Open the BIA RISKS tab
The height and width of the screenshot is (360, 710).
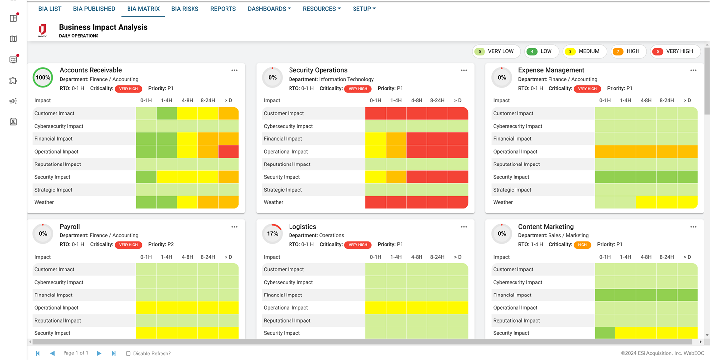pyautogui.click(x=185, y=9)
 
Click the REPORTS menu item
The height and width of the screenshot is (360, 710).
pyautogui.click(x=223, y=9)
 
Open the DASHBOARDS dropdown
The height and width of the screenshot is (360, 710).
pyautogui.click(x=269, y=9)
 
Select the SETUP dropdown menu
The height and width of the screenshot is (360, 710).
pyautogui.click(x=364, y=9)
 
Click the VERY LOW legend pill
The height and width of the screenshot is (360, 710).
pyautogui.click(x=496, y=51)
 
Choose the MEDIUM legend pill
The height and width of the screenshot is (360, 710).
pyautogui.click(x=584, y=51)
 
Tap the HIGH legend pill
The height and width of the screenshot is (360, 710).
pyautogui.click(x=628, y=51)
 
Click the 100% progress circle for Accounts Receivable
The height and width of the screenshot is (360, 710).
pyautogui.click(x=43, y=78)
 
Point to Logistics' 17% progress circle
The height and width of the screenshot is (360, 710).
pyautogui.click(x=272, y=234)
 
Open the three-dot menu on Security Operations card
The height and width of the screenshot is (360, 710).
pyautogui.click(x=464, y=70)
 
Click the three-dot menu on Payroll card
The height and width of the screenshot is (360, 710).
pyautogui.click(x=234, y=227)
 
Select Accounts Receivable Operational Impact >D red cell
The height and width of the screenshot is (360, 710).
pyautogui.click(x=228, y=152)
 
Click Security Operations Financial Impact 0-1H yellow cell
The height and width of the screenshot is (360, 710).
pyautogui.click(x=375, y=139)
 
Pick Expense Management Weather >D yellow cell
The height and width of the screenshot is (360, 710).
pyautogui.click(x=687, y=202)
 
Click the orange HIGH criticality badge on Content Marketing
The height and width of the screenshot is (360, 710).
pyautogui.click(x=582, y=245)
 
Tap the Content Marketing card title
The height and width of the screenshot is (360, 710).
pyautogui.click(x=546, y=227)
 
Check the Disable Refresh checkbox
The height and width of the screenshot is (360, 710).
pyautogui.click(x=129, y=353)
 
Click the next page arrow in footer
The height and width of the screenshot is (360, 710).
pyautogui.click(x=99, y=353)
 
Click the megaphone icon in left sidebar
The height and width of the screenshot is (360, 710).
pyautogui.click(x=13, y=101)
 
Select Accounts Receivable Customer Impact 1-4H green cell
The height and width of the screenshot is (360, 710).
pyautogui.click(x=166, y=113)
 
